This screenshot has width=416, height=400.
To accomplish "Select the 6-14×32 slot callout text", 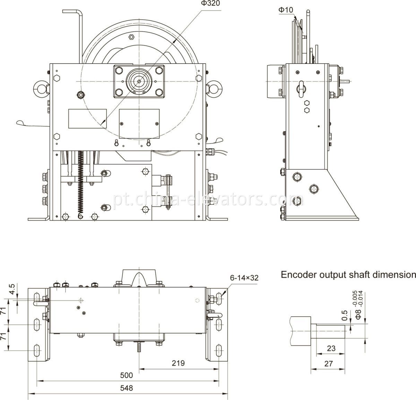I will point(244,278).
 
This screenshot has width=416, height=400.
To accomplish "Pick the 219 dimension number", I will point(178,363).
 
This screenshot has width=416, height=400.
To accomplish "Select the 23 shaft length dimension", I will point(331,348).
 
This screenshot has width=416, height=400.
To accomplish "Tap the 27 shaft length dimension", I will point(328,364).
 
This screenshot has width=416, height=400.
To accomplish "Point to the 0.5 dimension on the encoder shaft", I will point(344,314).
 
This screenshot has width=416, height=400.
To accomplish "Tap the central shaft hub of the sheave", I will point(139,81).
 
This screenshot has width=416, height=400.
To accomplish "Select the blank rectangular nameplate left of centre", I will point(87,119).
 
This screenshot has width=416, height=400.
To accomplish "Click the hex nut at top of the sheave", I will point(131,37).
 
